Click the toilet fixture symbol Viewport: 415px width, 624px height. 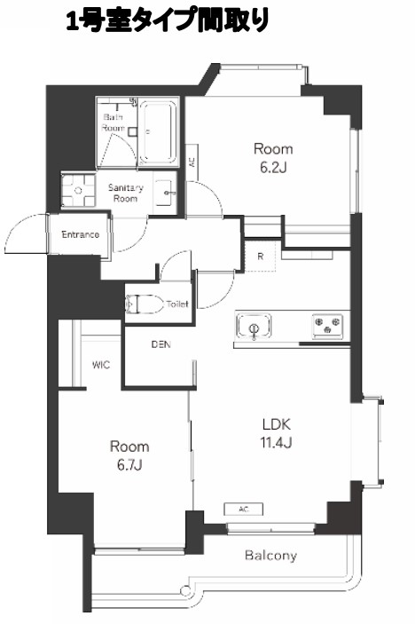click(145, 304)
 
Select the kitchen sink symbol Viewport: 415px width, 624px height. click(254, 326)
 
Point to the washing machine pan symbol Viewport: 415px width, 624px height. click(78, 191)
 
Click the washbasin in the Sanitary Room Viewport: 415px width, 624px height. click(165, 193)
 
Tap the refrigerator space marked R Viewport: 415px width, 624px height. click(260, 257)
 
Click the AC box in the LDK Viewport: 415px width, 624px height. click(244, 509)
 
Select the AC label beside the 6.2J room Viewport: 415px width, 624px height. click(192, 162)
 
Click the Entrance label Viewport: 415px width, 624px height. click(81, 234)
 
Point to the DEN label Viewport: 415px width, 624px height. click(161, 344)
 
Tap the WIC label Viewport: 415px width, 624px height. click(101, 365)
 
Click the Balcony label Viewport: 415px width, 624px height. click(270, 555)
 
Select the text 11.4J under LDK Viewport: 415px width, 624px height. click(277, 442)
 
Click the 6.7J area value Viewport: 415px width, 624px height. click(129, 464)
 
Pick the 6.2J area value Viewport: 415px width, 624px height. click(273, 168)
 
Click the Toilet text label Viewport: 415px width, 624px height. click(177, 304)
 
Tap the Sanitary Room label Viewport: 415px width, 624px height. click(126, 193)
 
